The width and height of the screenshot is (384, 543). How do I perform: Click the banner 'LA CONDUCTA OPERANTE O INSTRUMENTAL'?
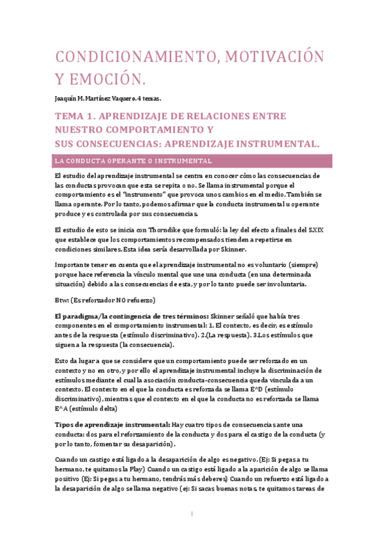coord(134,161)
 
